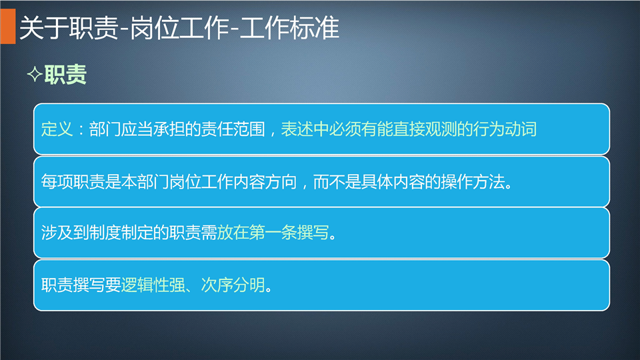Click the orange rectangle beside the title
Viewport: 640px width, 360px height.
[x=8, y=26]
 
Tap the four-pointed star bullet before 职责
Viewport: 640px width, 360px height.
[x=35, y=75]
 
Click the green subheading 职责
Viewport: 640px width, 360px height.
[x=65, y=75]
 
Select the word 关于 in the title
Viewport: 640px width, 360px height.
[x=44, y=28]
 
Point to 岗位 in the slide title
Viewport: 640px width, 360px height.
[x=155, y=28]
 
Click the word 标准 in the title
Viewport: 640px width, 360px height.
[x=314, y=28]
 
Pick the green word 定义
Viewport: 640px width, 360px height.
[x=57, y=129]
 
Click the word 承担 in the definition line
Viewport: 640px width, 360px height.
[x=169, y=129]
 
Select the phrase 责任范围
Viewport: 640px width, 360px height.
[x=233, y=129]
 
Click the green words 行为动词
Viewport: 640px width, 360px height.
[x=505, y=129]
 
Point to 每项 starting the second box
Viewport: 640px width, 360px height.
[x=57, y=181]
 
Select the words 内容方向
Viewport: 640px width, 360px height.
[x=265, y=181]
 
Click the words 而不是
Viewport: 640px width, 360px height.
[x=337, y=181]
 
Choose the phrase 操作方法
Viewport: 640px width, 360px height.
[x=473, y=181]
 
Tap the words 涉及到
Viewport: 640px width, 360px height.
[x=65, y=233]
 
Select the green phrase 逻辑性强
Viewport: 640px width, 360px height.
[x=153, y=285]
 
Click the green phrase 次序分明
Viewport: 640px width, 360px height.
[x=233, y=285]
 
